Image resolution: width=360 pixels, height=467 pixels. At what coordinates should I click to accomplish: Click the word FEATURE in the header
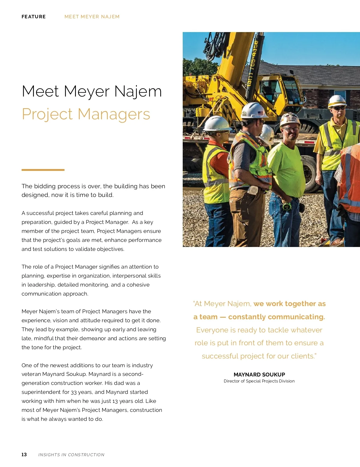coord(34,17)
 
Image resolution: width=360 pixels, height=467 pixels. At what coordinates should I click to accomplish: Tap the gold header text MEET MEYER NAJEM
coord(92,17)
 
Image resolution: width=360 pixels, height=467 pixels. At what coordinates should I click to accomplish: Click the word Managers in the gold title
coord(114,114)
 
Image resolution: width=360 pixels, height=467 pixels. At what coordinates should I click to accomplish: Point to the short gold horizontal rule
coord(43,170)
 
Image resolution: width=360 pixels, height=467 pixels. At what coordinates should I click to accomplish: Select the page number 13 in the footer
coord(24,455)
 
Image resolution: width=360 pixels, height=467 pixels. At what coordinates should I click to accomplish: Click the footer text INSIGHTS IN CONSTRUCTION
coord(71,455)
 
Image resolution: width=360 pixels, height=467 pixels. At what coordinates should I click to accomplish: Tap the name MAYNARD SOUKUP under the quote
coord(259,375)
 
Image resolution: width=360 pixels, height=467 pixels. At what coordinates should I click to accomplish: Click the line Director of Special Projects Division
coord(259,381)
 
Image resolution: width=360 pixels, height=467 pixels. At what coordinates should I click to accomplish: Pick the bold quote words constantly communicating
coord(276,317)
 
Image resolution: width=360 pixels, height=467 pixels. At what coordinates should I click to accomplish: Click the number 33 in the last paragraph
coord(74,392)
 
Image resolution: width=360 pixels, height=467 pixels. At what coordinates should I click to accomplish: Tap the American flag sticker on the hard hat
coord(260,113)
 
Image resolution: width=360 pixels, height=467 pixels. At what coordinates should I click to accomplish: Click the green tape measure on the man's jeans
coord(287,206)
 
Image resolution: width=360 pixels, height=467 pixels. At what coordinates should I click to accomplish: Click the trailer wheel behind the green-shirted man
coord(310,174)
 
